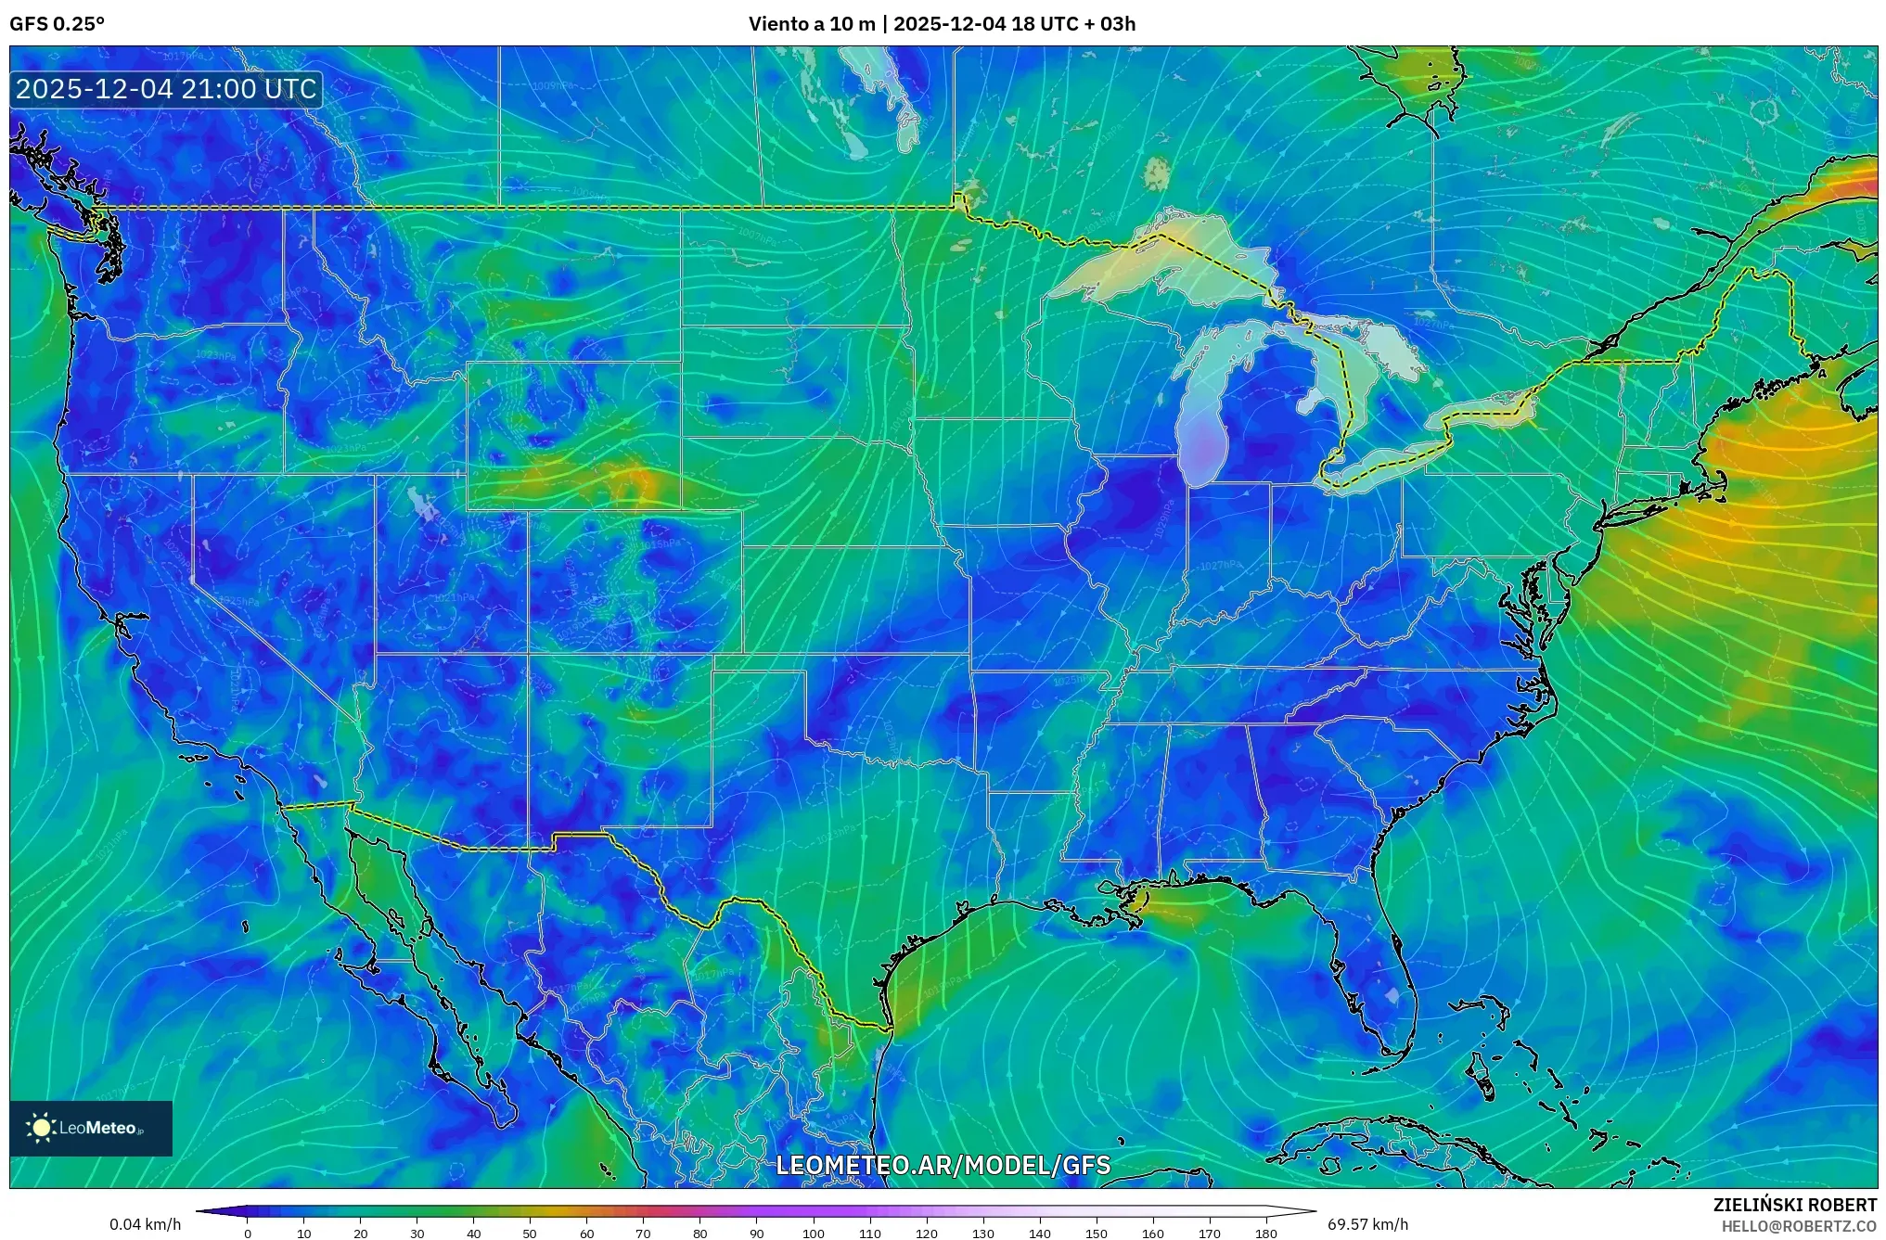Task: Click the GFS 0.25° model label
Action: (x=57, y=24)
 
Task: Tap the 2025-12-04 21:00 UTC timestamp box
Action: (x=167, y=89)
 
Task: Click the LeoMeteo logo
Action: (x=91, y=1128)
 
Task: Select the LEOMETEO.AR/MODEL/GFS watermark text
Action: (x=943, y=1165)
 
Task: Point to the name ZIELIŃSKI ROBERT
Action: (x=1794, y=1205)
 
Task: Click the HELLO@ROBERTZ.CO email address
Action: (x=1799, y=1226)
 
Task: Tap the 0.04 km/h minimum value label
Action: (x=145, y=1224)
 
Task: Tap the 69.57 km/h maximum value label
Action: (x=1367, y=1224)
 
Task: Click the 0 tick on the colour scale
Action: (x=248, y=1234)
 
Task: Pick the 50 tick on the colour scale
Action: (x=530, y=1234)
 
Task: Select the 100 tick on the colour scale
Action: (x=814, y=1234)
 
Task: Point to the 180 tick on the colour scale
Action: (x=1266, y=1234)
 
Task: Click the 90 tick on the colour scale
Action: (x=757, y=1234)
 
